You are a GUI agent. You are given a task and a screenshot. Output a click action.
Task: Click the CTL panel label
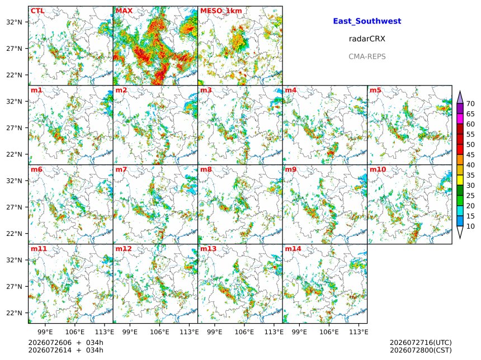[x=37, y=11]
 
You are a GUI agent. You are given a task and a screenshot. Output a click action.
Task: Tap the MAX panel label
[x=124, y=11]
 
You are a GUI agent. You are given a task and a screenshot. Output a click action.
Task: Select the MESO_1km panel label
[x=221, y=11]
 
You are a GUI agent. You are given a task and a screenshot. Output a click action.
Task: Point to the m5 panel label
[x=375, y=90]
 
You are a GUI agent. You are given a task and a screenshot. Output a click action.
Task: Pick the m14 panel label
[x=293, y=249]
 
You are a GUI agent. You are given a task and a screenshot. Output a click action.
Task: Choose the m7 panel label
[x=121, y=169]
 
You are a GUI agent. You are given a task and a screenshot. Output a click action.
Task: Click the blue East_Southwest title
[x=367, y=21]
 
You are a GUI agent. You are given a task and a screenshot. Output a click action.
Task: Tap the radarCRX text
[x=367, y=39]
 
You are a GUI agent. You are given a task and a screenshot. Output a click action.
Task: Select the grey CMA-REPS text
[x=367, y=56]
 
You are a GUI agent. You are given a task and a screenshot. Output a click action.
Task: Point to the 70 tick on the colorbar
[x=470, y=103]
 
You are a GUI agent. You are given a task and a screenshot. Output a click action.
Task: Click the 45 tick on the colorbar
[x=470, y=155]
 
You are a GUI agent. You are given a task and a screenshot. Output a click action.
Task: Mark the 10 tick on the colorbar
[x=470, y=226]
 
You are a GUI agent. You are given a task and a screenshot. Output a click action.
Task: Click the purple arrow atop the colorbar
[x=460, y=97]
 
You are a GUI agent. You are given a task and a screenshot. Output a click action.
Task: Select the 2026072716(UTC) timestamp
[x=421, y=343]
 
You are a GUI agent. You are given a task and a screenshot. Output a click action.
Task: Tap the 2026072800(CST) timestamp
[x=421, y=350]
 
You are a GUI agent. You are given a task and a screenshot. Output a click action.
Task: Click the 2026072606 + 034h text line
[x=65, y=343]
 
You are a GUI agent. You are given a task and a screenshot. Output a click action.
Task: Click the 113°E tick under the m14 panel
[x=359, y=332]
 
